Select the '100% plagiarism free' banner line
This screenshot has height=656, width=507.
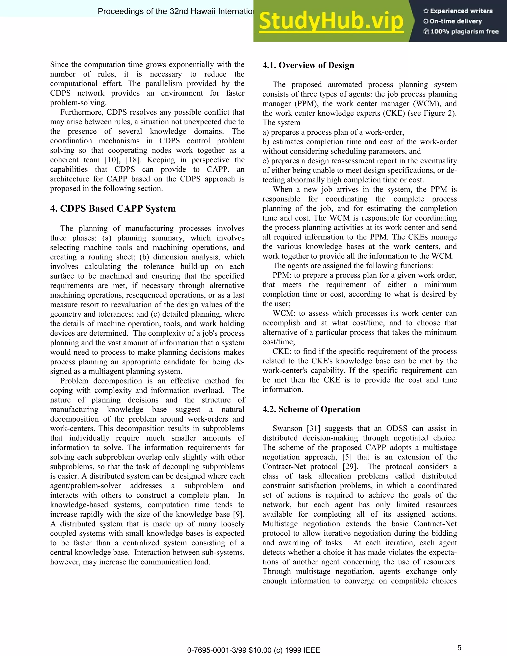coord(461,31)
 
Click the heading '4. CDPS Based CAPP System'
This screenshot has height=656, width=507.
coord(113,208)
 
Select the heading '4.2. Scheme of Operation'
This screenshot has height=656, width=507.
coord(311,409)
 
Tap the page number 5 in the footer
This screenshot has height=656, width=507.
coord(459,648)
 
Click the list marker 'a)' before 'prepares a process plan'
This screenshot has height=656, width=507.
coord(266,132)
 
